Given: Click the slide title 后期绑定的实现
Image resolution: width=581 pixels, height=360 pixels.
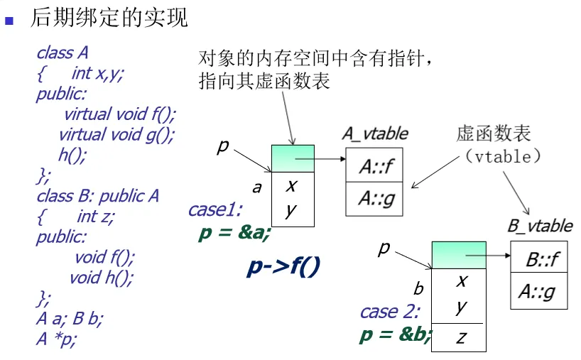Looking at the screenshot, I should click(x=109, y=17).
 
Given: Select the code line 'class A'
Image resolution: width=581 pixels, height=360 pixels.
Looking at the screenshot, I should click(x=63, y=53).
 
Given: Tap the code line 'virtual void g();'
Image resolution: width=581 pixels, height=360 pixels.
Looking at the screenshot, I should click(x=116, y=134).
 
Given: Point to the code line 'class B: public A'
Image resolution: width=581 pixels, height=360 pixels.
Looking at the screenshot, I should click(x=98, y=195).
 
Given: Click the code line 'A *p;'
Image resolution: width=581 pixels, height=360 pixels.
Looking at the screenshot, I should click(x=56, y=339).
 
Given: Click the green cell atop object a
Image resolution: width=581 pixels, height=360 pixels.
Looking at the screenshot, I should click(x=293, y=158).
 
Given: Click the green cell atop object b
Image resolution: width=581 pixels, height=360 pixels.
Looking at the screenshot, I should click(x=459, y=254).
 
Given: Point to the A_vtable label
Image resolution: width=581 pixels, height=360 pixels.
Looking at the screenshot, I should click(x=375, y=133).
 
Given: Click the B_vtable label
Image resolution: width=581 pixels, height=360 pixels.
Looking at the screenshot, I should click(x=540, y=226).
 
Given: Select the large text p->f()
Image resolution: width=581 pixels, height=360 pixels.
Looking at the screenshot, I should click(x=284, y=266).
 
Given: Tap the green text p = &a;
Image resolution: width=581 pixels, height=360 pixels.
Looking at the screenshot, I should click(x=234, y=233).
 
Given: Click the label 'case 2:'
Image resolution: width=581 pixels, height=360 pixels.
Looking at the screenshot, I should click(x=390, y=311).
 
